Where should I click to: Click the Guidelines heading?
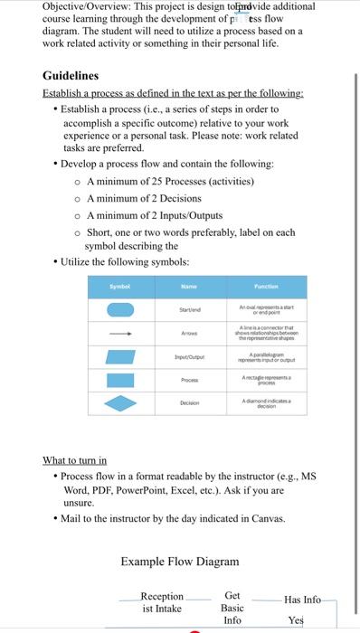tap(71, 76)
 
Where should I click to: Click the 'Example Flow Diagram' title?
tap(179, 562)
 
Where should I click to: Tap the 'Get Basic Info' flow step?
tap(232, 608)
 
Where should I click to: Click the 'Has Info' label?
tap(302, 600)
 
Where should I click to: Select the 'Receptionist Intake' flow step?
tap(162, 602)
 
